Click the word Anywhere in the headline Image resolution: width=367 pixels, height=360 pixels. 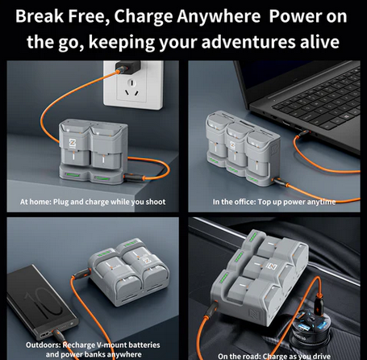coord(219,17)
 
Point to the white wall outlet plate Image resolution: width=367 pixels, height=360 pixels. coord(133,85)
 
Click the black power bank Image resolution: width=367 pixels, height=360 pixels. coord(42,301)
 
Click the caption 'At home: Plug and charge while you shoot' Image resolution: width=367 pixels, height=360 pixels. coord(93,202)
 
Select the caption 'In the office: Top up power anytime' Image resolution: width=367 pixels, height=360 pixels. coord(274,202)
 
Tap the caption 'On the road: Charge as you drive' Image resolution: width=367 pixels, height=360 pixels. coord(274,356)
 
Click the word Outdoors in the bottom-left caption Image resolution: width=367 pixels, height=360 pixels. coord(44,345)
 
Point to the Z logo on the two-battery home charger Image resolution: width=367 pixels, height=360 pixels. coord(73,143)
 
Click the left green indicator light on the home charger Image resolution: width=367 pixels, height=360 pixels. coord(72,175)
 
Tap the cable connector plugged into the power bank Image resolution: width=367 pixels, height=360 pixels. coord(57,334)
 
